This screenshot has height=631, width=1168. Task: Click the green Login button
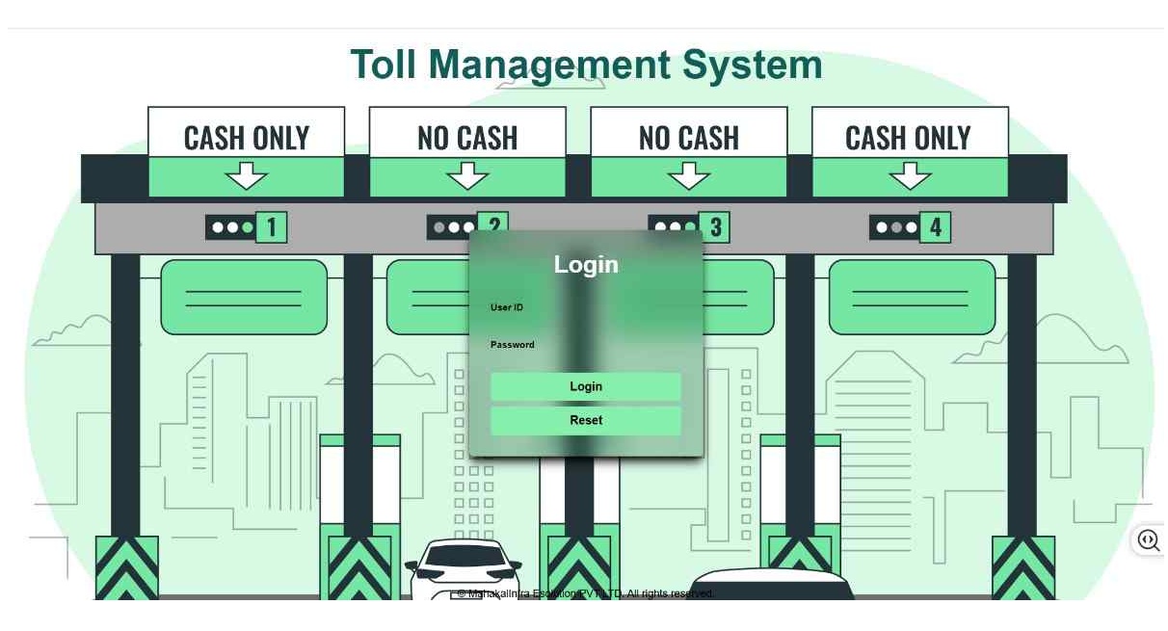pyautogui.click(x=586, y=386)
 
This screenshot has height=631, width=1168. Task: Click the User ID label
pyautogui.click(x=507, y=307)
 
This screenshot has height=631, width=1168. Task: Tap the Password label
pyautogui.click(x=512, y=345)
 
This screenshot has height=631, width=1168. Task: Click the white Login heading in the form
pyautogui.click(x=586, y=265)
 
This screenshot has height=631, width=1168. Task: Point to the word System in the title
pyautogui.click(x=752, y=66)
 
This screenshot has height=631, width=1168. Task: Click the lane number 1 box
pyautogui.click(x=272, y=228)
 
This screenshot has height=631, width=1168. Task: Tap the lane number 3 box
pyautogui.click(x=715, y=228)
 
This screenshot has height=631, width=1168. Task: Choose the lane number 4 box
pyautogui.click(x=935, y=228)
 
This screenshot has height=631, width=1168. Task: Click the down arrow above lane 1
pyautogui.click(x=248, y=176)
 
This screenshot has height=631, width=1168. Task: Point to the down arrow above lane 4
pyautogui.click(x=910, y=176)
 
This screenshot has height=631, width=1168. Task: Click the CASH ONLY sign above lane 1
pyautogui.click(x=247, y=138)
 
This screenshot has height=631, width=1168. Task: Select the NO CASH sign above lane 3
pyautogui.click(x=688, y=138)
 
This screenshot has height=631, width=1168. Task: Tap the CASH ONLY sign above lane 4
pyautogui.click(x=909, y=138)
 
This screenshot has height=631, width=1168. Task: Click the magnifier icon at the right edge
pyautogui.click(x=1148, y=540)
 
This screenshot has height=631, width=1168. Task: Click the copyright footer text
pyautogui.click(x=585, y=593)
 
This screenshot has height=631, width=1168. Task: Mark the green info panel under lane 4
pyautogui.click(x=912, y=297)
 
